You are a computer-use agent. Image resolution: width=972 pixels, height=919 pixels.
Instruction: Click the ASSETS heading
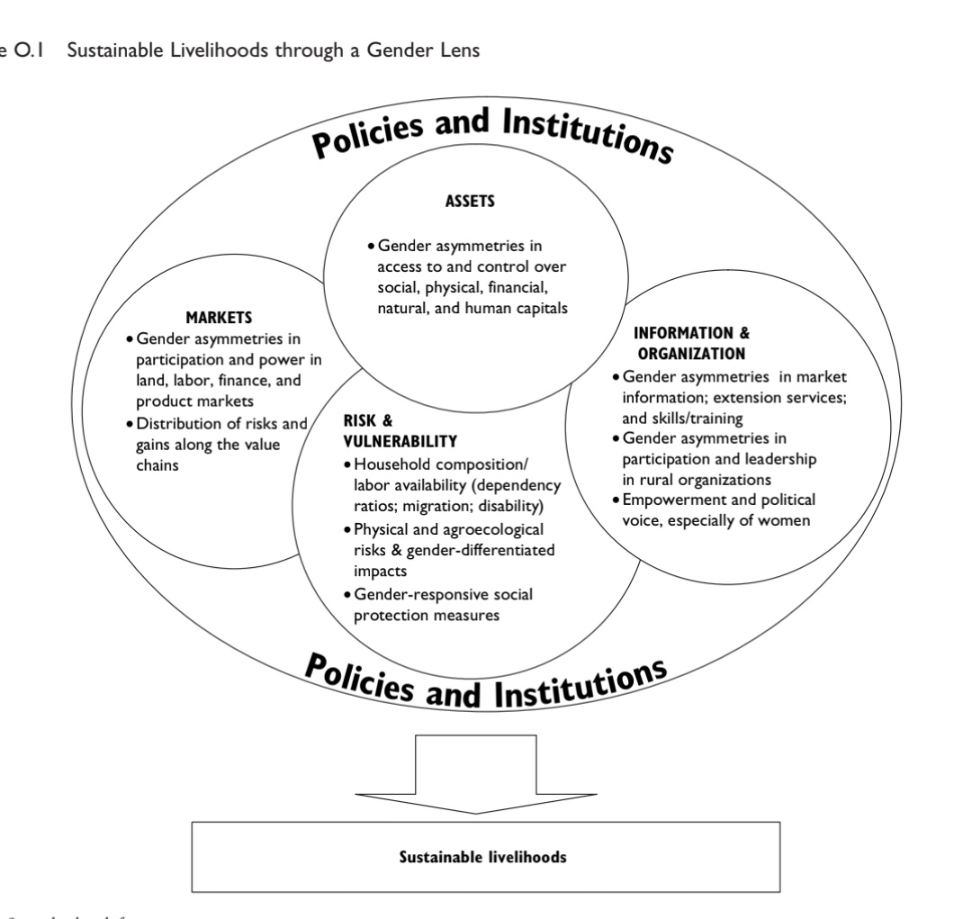click(469, 202)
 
